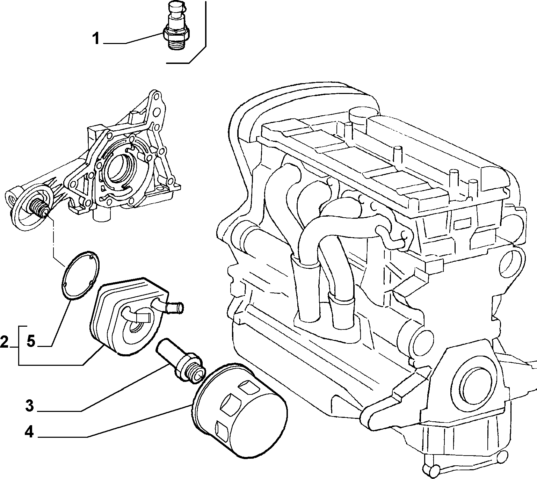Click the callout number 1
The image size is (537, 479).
click(x=96, y=39)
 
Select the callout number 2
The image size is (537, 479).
click(x=5, y=342)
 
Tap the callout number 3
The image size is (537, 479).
click(x=30, y=406)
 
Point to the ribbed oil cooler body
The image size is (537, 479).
click(x=128, y=316)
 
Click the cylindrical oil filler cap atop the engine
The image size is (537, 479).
click(x=360, y=118)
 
